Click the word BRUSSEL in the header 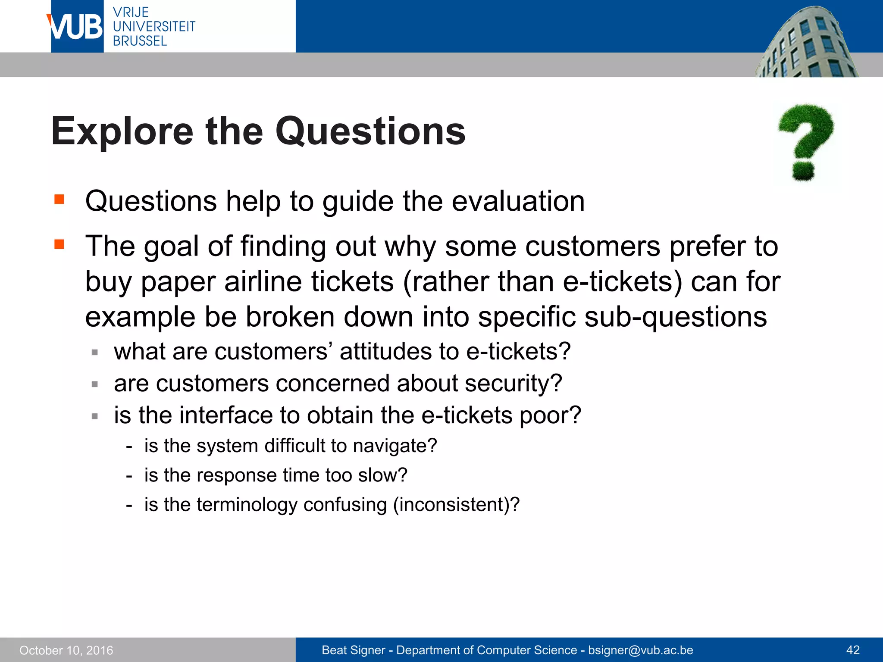[x=140, y=41]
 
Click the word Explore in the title [x=122, y=131]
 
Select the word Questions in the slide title [x=370, y=131]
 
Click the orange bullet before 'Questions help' [x=59, y=200]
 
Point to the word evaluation [x=518, y=201]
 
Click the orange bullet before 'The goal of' [x=59, y=245]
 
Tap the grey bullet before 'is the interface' [x=95, y=416]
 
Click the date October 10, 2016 [x=66, y=650]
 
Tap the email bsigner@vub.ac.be [x=640, y=650]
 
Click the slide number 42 [x=853, y=650]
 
